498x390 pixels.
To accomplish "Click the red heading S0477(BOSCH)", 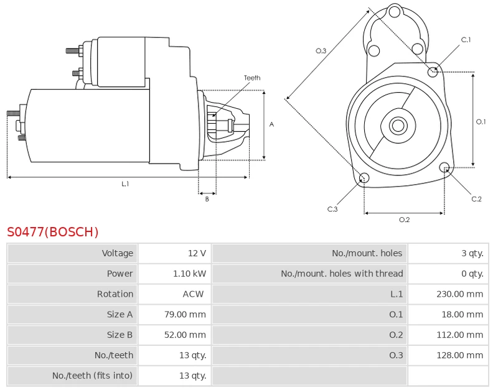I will click(53, 233).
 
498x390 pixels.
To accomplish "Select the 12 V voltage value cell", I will click(197, 253).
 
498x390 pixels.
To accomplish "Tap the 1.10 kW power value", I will click(189, 274).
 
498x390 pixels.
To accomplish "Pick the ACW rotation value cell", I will click(193, 294).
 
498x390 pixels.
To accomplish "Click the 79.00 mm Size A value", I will click(184, 315).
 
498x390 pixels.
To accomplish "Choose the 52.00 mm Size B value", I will click(184, 335).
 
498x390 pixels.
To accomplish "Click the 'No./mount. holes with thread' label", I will click(342, 274).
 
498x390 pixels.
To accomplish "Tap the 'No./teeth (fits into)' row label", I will click(93, 376).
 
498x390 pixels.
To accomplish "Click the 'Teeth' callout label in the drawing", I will click(252, 78).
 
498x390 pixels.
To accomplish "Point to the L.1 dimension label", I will click(125, 184).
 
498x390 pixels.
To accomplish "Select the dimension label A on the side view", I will click(271, 124).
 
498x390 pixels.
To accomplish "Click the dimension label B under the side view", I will click(207, 199).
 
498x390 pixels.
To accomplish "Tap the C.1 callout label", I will click(466, 40).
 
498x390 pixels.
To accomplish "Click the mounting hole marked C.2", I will click(444, 167).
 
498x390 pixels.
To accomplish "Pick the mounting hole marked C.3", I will click(365, 179).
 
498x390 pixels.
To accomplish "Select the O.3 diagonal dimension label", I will click(321, 51).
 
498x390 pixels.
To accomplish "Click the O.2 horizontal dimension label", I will click(404, 220).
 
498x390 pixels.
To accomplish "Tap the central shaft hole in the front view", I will click(398, 126).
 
